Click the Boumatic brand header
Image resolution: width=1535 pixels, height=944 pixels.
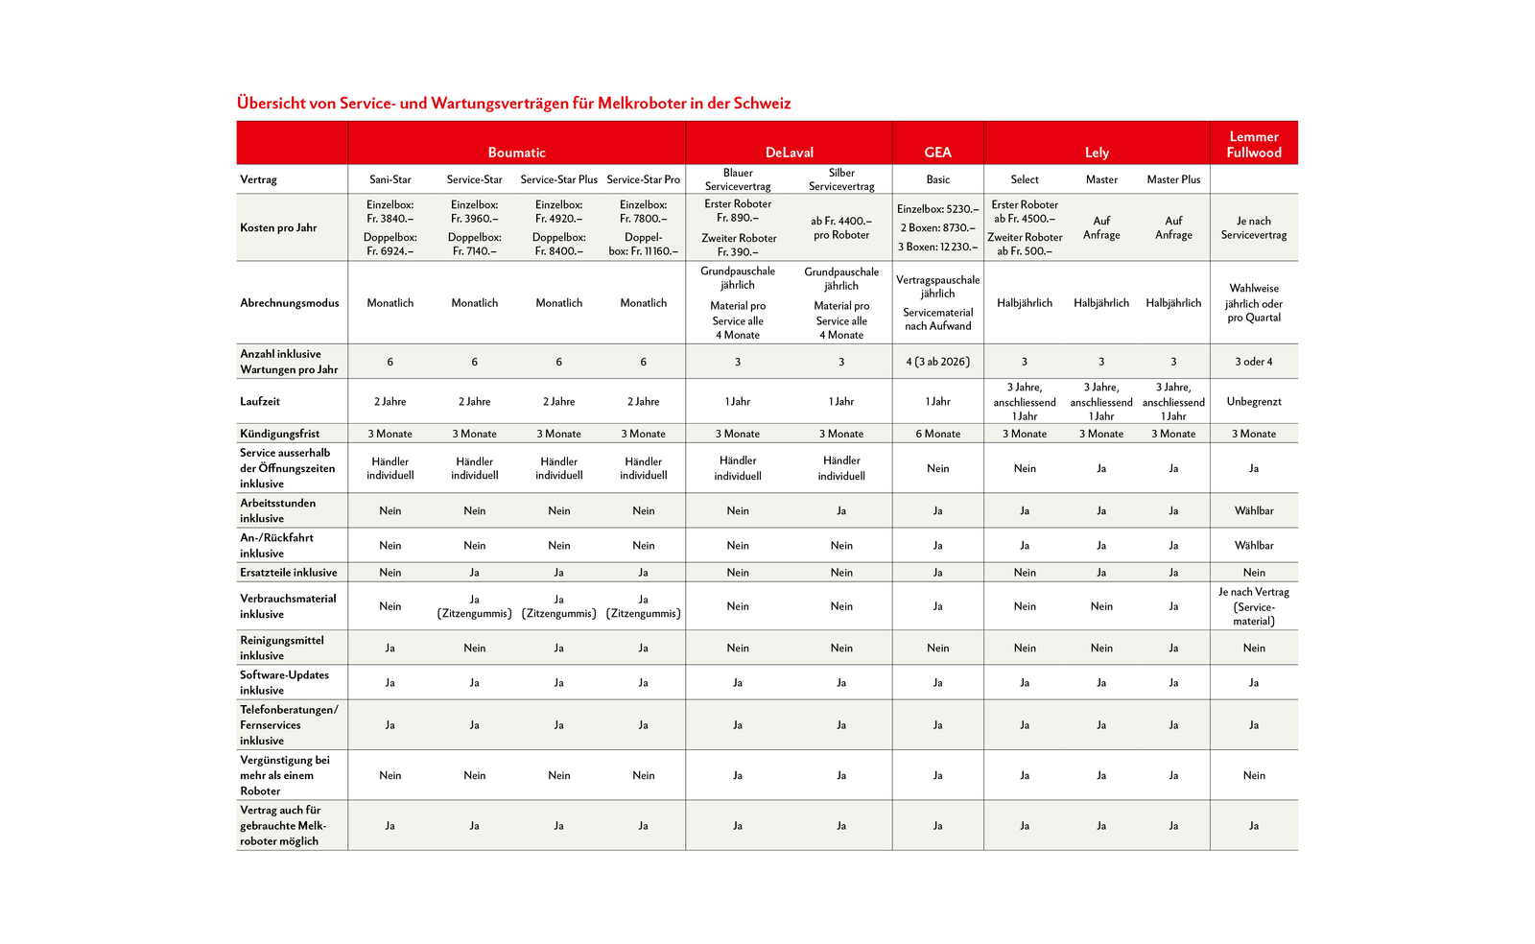pos(516,153)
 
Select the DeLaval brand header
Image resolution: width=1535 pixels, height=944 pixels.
pos(789,153)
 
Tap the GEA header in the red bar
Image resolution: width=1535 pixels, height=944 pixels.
pos(937,153)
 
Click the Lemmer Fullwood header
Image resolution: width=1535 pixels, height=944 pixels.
pos(1253,144)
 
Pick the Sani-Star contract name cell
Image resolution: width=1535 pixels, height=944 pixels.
pos(390,179)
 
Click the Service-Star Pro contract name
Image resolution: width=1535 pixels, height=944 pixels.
pos(643,179)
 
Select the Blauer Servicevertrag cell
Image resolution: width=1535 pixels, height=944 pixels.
pos(738,179)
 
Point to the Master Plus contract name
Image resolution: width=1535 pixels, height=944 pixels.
pos(1173,179)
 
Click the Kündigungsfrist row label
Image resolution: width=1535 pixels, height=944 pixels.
pos(280,434)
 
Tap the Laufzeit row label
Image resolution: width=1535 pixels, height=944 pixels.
pos(260,401)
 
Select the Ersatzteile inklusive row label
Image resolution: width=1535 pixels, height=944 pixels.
pos(289,572)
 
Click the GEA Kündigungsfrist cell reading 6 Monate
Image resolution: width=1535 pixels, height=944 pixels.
pos(937,434)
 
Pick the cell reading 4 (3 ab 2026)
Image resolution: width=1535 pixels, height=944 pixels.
pos(937,362)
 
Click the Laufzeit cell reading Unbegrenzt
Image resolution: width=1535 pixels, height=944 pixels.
pos(1253,401)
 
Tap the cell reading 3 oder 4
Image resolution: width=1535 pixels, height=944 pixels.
pos(1253,362)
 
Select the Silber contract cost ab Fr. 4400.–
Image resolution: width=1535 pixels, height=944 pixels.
pos(841,227)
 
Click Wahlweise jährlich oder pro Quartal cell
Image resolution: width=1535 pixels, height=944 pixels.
pos(1253,302)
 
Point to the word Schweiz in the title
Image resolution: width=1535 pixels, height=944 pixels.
pos(762,103)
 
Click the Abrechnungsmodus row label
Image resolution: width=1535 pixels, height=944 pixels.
pos(290,302)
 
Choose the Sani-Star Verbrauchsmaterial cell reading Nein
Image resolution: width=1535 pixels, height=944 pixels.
pos(390,605)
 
